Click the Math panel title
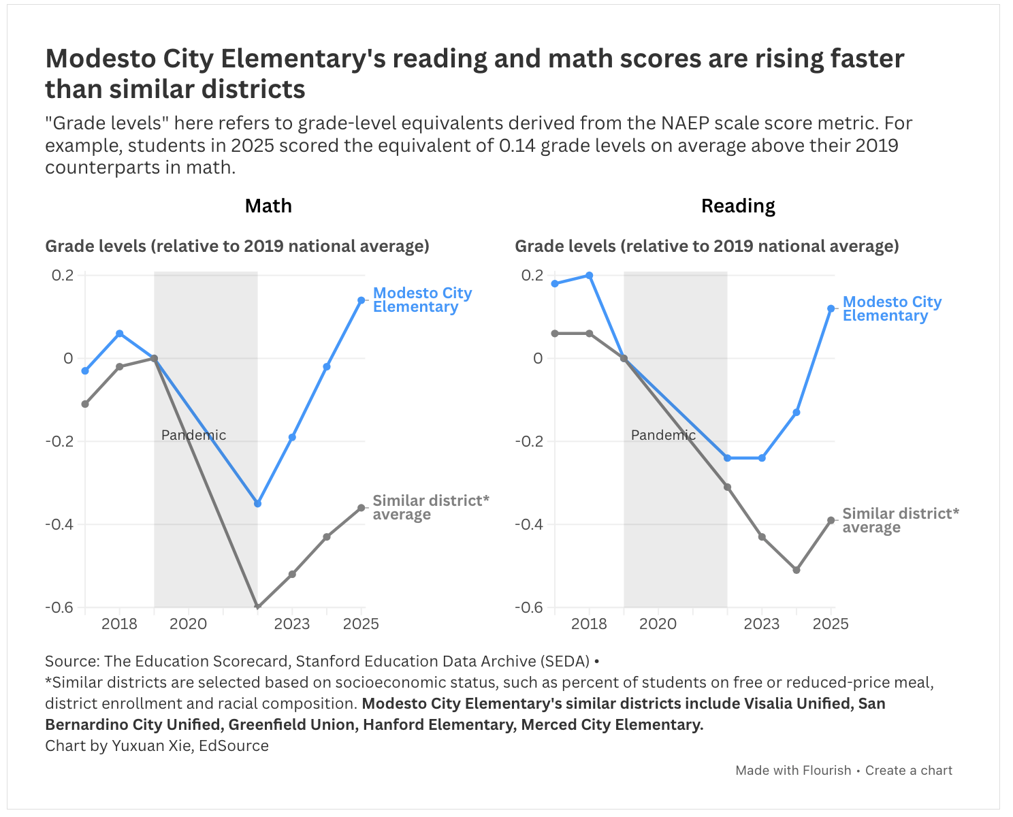[268, 206]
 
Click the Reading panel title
[738, 206]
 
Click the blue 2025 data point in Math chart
[361, 300]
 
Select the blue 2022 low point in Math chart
[257, 504]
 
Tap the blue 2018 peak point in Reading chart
[590, 276]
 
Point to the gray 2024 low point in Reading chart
[797, 571]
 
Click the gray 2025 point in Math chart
[361, 508]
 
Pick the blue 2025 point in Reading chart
[831, 309]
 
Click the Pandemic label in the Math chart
[193, 435]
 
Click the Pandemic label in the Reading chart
[663, 435]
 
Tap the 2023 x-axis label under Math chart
[292, 624]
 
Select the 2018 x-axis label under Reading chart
[589, 624]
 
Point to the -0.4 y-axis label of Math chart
[60, 524]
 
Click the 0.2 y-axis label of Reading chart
[532, 276]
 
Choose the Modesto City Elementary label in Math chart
[422, 300]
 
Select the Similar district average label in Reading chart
[901, 520]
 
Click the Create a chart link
[908, 771]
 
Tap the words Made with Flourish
[793, 771]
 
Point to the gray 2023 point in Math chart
[292, 575]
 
